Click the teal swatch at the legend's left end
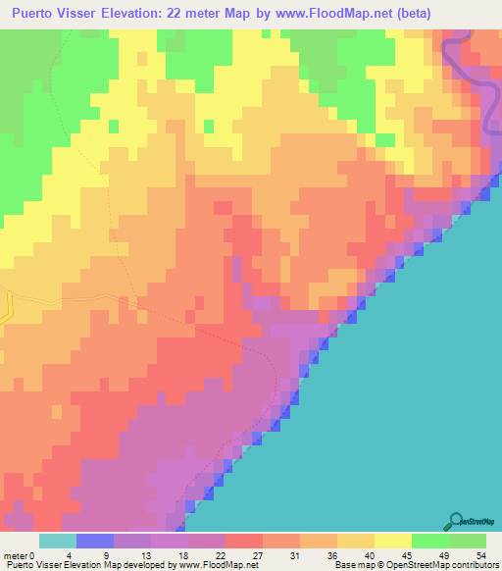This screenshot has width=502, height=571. (57, 540)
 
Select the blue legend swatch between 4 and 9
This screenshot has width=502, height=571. (94, 540)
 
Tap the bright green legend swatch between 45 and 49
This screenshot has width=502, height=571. (430, 540)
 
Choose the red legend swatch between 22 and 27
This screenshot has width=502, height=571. (243, 540)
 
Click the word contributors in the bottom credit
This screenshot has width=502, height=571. (471, 564)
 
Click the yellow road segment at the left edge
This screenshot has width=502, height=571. (6, 307)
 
